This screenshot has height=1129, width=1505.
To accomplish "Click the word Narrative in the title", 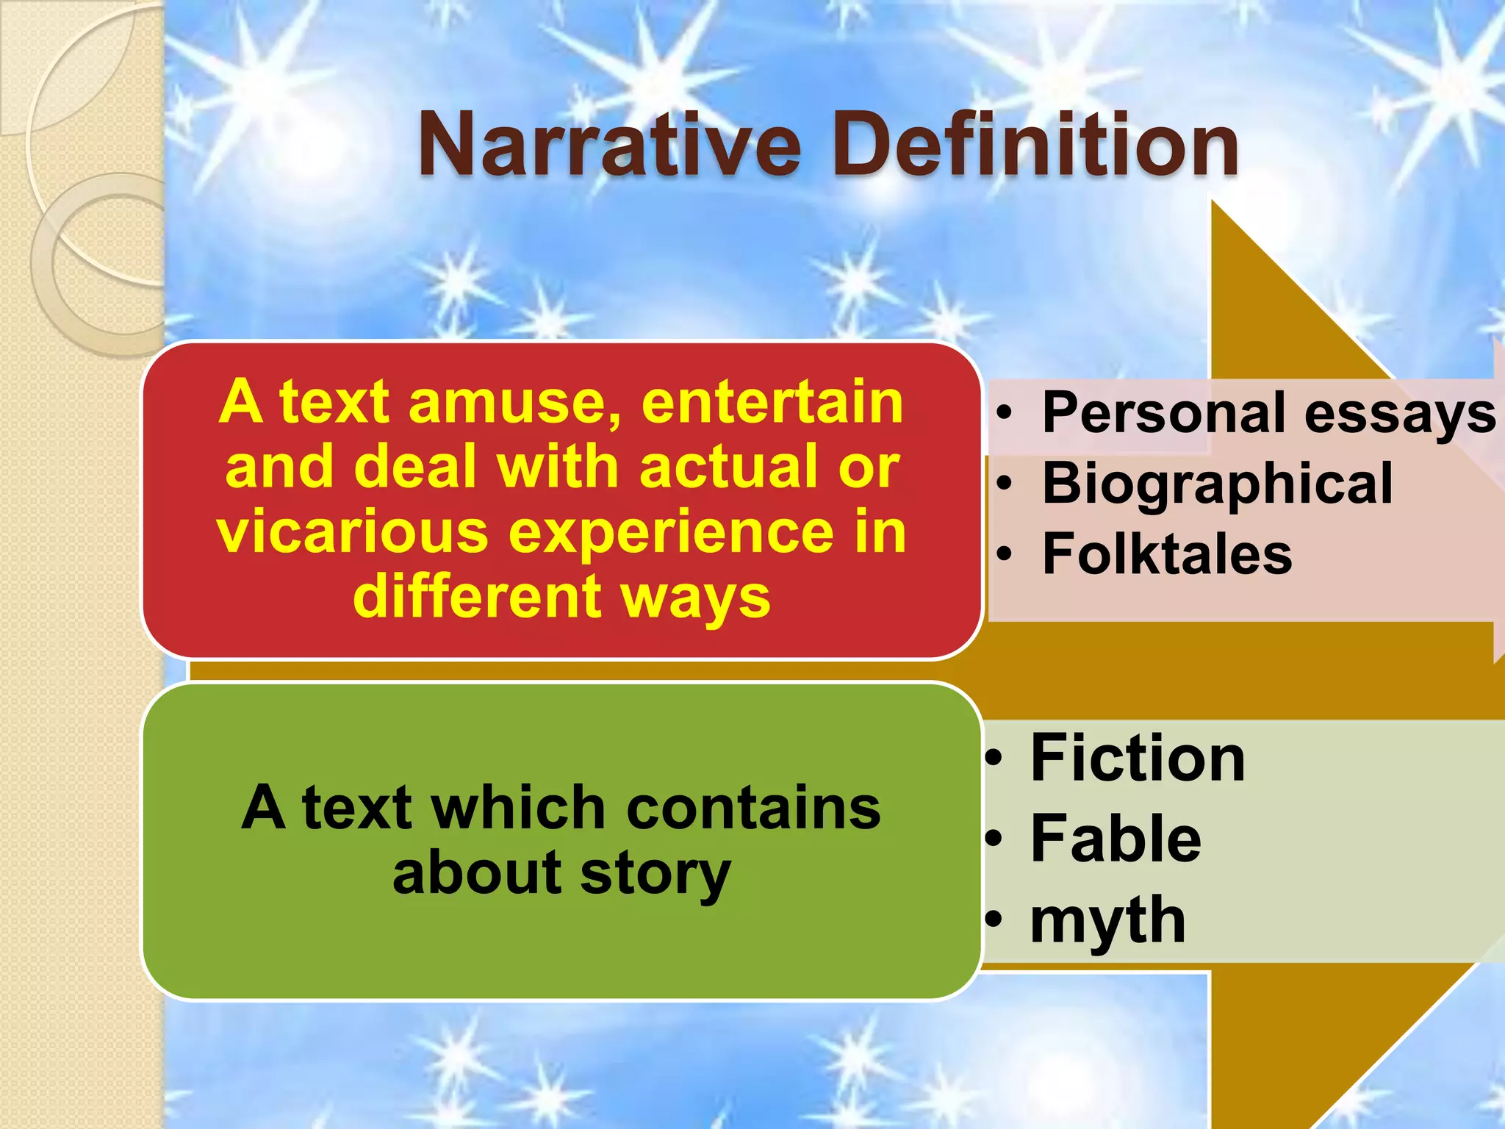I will [x=609, y=144].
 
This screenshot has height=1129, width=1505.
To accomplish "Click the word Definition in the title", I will [x=1035, y=144].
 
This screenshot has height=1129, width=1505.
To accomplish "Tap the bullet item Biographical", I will [x=1217, y=483].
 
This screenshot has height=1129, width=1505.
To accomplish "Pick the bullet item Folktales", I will [x=1167, y=553].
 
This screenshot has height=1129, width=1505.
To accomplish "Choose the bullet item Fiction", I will [x=1138, y=758].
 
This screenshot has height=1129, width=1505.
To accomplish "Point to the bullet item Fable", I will [x=1116, y=839].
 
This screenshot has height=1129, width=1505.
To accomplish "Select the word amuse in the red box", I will [x=514, y=402].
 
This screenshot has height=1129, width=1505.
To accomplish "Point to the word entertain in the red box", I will [x=772, y=402].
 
